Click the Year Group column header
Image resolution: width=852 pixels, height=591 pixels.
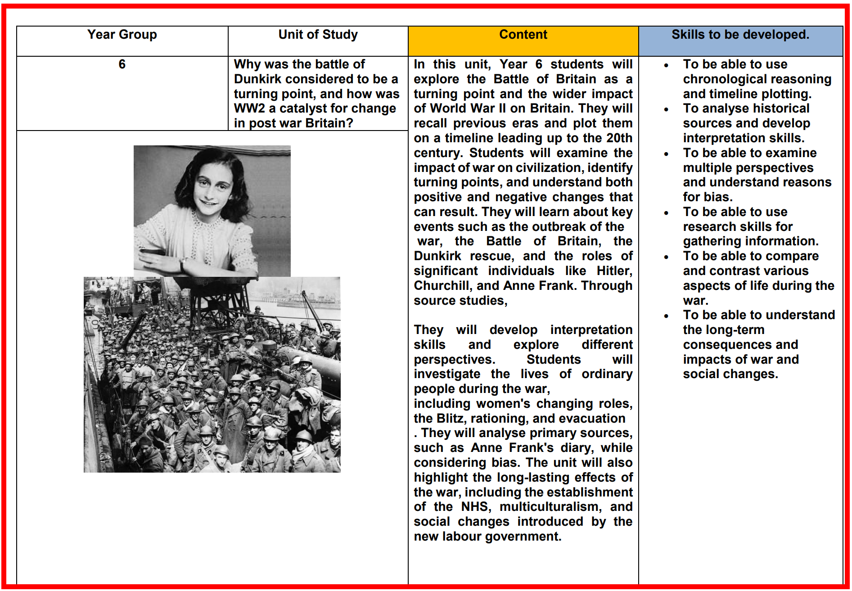[122, 35]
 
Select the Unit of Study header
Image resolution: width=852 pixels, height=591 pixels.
[318, 35]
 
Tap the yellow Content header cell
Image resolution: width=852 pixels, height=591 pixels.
[523, 35]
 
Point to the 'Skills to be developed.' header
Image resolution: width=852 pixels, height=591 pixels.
[740, 35]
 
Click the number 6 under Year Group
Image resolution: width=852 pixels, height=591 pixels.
[122, 64]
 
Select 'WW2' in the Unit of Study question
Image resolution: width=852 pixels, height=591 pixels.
[249, 108]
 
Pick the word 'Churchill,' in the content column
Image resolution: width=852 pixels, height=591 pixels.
[442, 286]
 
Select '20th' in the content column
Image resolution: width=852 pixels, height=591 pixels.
[619, 138]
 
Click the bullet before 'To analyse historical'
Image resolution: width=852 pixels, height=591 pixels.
[666, 109]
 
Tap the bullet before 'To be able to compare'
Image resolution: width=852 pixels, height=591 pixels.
[666, 257]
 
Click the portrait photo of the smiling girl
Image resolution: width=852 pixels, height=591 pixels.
[212, 211]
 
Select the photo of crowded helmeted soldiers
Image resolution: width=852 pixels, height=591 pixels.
[212, 374]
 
